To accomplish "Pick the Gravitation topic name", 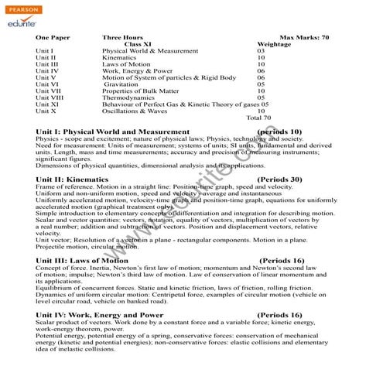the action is tap(126, 84).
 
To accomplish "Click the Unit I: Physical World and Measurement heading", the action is tap(112, 132).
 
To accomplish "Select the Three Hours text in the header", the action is tap(123, 37).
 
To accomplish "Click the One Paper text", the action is tap(53, 37).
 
